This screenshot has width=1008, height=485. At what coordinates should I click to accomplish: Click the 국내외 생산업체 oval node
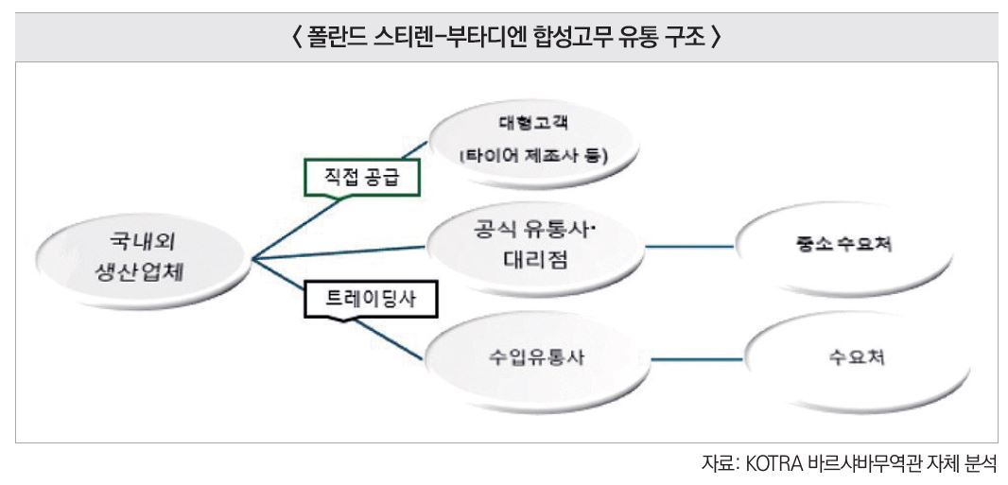(141, 257)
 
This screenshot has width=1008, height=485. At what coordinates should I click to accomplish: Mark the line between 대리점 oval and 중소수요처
(689, 246)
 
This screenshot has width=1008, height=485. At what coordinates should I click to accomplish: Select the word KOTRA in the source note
(774, 465)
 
